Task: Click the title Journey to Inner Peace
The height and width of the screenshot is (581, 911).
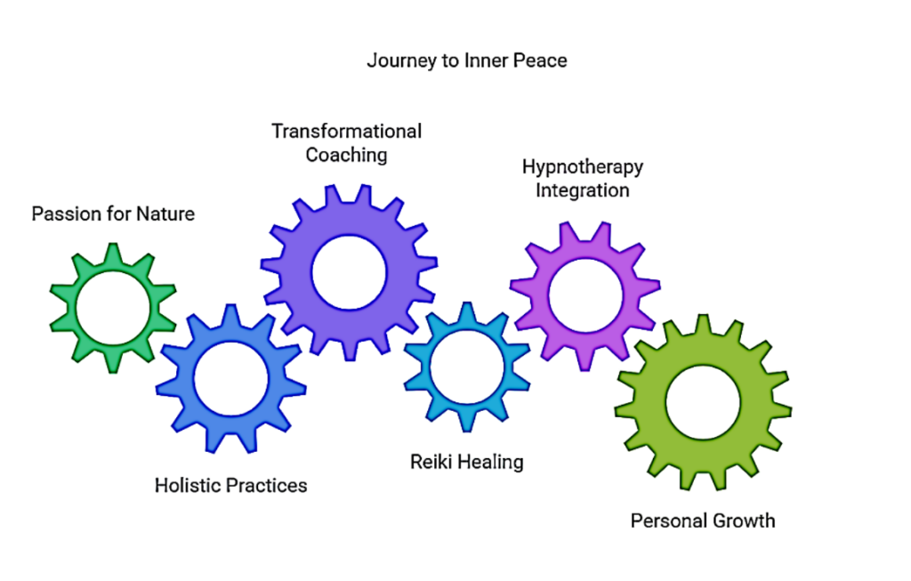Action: [x=467, y=61]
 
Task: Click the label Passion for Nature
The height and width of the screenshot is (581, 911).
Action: [x=113, y=214]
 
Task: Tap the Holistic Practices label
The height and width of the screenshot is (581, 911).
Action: [x=230, y=485]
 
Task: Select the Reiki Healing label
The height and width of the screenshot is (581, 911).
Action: [x=466, y=462]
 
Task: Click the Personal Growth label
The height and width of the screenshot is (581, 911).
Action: [x=702, y=520]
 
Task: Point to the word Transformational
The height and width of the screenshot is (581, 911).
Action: [x=346, y=132]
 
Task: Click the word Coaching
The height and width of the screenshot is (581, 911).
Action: [x=346, y=155]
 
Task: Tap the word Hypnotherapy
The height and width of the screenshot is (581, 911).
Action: [x=582, y=167]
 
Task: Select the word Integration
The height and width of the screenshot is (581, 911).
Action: [x=582, y=190]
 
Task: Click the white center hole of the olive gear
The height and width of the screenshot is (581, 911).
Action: [x=703, y=402]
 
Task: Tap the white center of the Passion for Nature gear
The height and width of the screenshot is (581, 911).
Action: [x=112, y=308]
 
